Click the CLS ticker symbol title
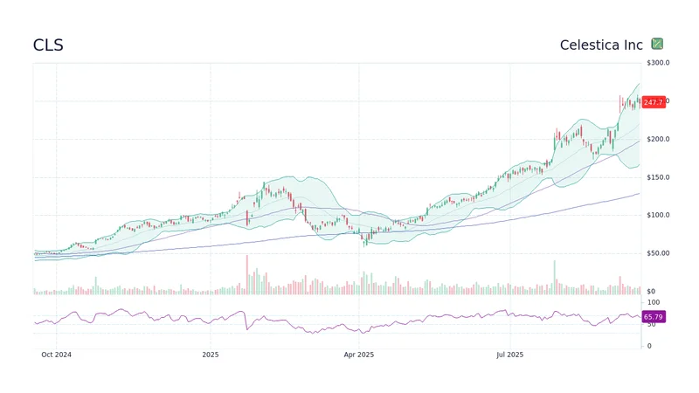[x=48, y=45]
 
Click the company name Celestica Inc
[x=601, y=45]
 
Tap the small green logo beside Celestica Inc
[x=657, y=44]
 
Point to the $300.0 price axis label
[x=658, y=63]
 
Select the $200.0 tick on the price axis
[x=658, y=139]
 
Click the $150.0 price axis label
[x=658, y=177]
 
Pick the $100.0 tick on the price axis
[x=658, y=215]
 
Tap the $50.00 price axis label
[x=658, y=253]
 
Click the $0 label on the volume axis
[x=651, y=291]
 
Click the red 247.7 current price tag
[x=653, y=102]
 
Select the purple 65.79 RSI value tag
[x=653, y=317]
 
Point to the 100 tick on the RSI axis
[x=652, y=301]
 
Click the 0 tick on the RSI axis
[x=647, y=346]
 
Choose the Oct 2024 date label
[x=56, y=355]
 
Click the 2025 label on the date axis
[x=210, y=355]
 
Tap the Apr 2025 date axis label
[x=359, y=355]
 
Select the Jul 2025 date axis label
[x=509, y=355]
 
